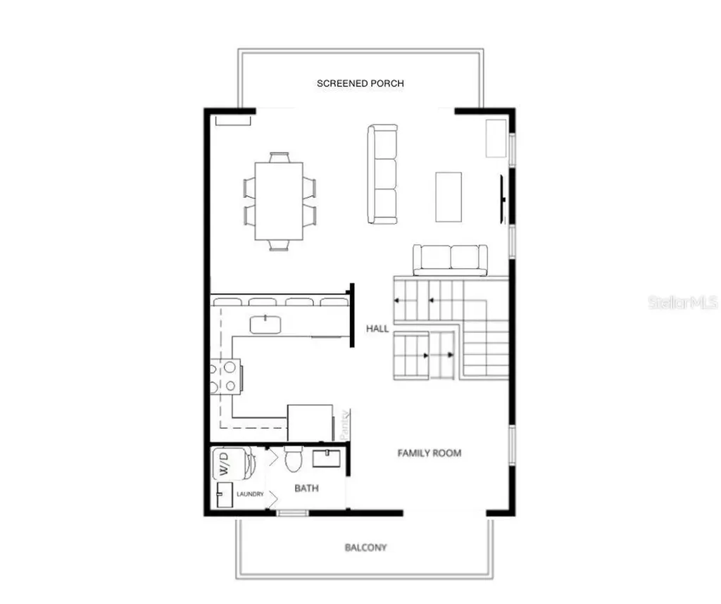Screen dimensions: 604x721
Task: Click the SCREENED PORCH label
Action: (360, 83)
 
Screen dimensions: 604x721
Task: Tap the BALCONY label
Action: (365, 547)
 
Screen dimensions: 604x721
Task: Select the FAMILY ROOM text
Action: (430, 453)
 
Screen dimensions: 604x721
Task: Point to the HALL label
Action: (377, 328)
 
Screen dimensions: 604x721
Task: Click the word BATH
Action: (306, 488)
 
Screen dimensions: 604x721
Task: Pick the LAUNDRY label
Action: (250, 494)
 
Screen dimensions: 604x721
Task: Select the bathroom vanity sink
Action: (327, 459)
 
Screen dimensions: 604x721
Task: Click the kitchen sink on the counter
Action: (266, 325)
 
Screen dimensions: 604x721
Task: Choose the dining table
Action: (279, 201)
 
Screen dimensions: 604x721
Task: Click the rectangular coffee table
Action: (449, 196)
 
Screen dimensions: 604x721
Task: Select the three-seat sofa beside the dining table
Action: (382, 174)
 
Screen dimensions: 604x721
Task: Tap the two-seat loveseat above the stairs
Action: (450, 259)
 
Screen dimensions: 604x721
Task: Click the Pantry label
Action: (343, 424)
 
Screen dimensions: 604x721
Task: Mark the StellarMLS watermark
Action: (682, 303)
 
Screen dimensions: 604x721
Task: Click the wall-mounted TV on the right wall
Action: (503, 199)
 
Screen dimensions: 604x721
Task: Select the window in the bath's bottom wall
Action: (292, 512)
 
